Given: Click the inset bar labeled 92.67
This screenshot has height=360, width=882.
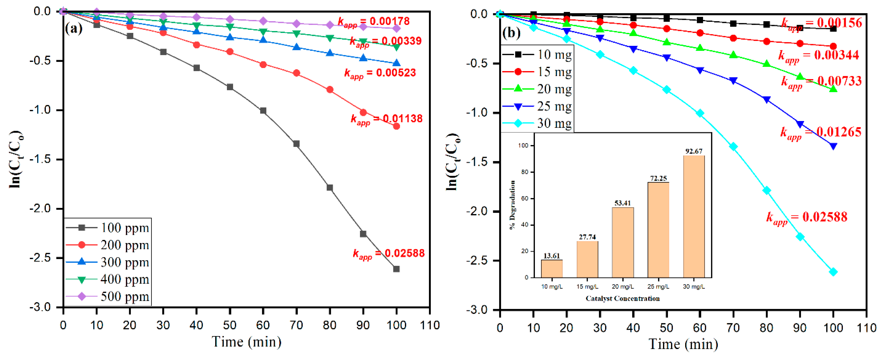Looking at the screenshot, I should click(694, 217).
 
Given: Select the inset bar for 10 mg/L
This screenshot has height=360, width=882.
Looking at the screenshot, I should click(552, 269).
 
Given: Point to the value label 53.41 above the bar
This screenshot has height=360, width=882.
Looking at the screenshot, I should click(622, 203).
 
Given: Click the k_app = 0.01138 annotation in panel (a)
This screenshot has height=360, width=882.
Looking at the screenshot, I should click(386, 119).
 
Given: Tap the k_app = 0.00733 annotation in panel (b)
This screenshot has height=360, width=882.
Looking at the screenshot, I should click(821, 81).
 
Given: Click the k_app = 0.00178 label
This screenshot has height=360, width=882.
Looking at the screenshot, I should click(374, 22).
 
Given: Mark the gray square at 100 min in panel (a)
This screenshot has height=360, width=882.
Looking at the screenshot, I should click(396, 269).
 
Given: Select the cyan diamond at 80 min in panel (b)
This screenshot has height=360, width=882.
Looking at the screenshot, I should click(767, 191).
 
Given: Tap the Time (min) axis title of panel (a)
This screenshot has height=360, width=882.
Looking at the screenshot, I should click(246, 342).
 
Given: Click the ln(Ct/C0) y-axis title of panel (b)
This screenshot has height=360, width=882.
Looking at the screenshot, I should click(453, 162).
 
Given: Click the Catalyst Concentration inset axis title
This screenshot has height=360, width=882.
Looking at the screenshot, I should click(622, 298).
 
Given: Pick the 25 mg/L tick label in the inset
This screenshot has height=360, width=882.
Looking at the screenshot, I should click(658, 287).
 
